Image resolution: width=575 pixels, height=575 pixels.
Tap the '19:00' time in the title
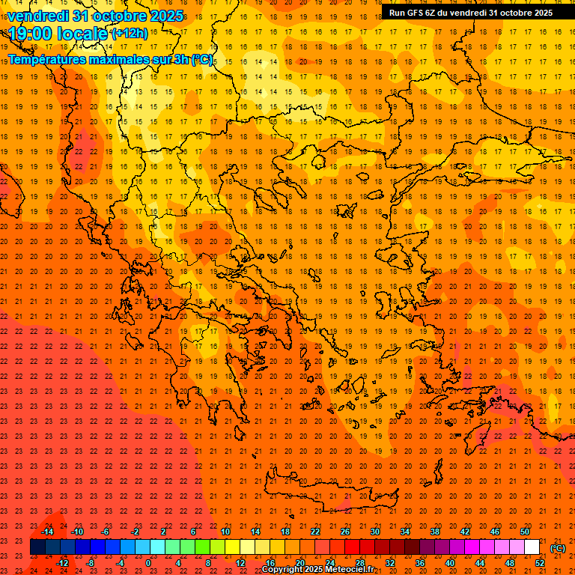click(x=31, y=33)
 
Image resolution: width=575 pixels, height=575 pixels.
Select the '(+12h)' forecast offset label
click(x=129, y=34)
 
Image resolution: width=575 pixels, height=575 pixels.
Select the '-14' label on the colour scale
click(x=47, y=532)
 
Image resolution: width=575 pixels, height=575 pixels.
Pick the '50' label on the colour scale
click(x=524, y=532)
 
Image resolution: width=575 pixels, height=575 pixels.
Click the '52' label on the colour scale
click(x=540, y=562)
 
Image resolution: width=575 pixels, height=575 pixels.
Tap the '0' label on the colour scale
click(x=149, y=562)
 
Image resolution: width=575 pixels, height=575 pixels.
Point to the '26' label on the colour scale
click(x=344, y=532)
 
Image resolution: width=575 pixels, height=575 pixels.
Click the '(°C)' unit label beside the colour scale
click(x=559, y=548)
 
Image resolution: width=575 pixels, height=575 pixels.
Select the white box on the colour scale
click(x=532, y=547)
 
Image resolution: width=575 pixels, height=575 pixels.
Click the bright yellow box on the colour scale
click(x=232, y=547)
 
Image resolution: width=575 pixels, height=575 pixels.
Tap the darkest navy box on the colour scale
click(x=37, y=547)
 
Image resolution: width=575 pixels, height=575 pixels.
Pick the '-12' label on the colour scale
click(x=62, y=562)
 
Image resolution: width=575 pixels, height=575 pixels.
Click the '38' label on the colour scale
click(x=434, y=532)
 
